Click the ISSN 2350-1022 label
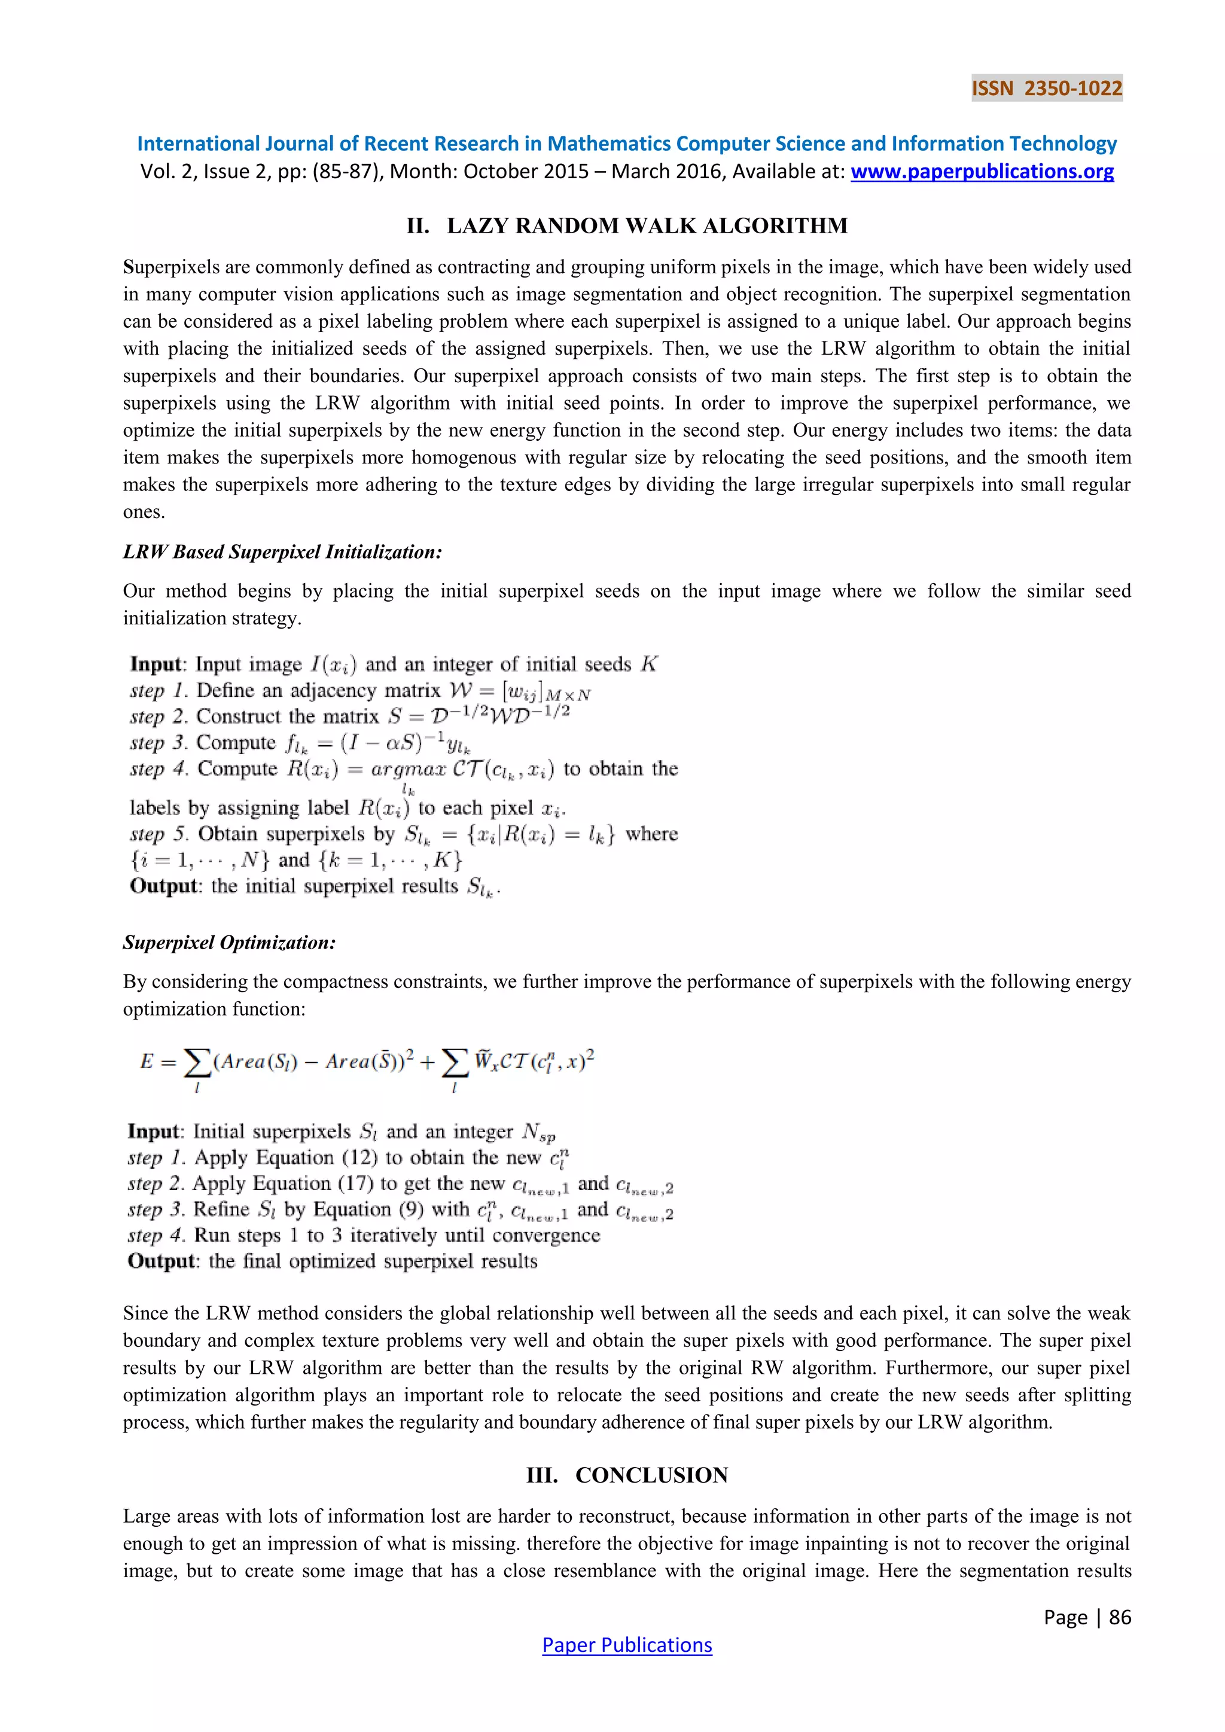(1046, 89)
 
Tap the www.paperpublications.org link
(982, 172)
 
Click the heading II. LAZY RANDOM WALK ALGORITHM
(627, 225)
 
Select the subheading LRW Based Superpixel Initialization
(282, 552)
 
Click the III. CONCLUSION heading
(627, 1475)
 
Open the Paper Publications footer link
(627, 1645)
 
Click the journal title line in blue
(627, 144)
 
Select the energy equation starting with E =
(367, 1063)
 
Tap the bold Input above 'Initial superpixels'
(154, 1132)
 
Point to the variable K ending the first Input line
(649, 664)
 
